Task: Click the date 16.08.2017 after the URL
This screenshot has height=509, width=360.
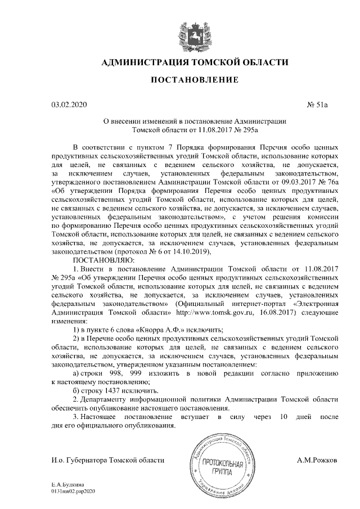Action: point(267,311)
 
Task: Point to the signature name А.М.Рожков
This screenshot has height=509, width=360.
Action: point(317,460)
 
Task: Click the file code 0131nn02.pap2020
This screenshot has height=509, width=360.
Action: point(74,491)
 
